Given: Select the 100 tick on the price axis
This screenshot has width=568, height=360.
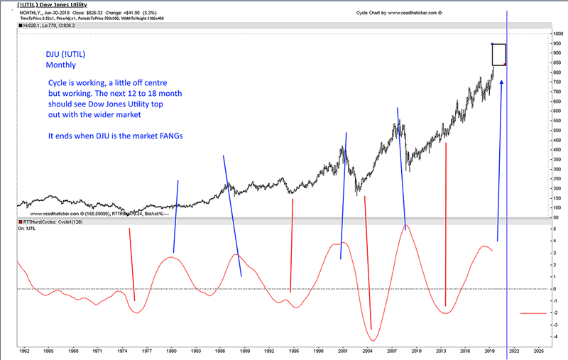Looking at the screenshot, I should pyautogui.click(x=558, y=207).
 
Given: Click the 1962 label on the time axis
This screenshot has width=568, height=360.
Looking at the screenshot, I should pyautogui.click(x=25, y=351).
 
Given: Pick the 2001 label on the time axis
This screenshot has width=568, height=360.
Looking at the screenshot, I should pyautogui.click(x=343, y=351).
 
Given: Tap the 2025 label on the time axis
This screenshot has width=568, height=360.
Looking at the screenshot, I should pyautogui.click(x=537, y=351).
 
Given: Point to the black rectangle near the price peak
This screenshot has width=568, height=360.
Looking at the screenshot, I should pyautogui.click(x=498, y=55).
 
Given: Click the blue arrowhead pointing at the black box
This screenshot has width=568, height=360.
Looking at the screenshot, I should pyautogui.click(x=502, y=82).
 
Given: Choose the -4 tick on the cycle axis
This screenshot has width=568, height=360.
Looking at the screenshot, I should pyautogui.click(x=557, y=337).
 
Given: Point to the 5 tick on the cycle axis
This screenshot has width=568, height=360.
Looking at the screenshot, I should pyautogui.click(x=558, y=229).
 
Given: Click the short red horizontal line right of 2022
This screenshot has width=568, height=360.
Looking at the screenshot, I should pyautogui.click(x=533, y=313).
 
